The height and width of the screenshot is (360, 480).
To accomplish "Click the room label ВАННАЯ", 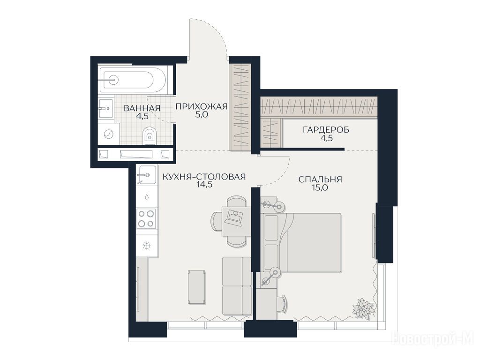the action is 142,108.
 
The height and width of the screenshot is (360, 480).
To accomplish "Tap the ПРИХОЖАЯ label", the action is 202,106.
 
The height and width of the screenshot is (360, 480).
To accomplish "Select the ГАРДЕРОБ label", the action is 326,130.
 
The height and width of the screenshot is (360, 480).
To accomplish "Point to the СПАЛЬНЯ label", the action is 320,180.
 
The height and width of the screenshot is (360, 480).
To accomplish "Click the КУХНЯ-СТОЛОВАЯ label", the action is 204,177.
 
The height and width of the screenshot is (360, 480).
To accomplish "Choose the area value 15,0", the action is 320,187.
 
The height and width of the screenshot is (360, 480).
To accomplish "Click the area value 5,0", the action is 202,114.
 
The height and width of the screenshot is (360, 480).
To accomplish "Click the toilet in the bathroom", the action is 150,135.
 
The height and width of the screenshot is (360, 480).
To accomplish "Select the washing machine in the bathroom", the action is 109,134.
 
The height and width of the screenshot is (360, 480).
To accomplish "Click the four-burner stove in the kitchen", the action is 146,218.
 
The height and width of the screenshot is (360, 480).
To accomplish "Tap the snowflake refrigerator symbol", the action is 147,246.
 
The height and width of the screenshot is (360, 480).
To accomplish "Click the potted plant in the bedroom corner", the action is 364,307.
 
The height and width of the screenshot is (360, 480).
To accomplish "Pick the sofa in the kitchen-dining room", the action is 237,286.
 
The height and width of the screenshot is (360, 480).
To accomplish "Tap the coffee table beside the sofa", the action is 197,287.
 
